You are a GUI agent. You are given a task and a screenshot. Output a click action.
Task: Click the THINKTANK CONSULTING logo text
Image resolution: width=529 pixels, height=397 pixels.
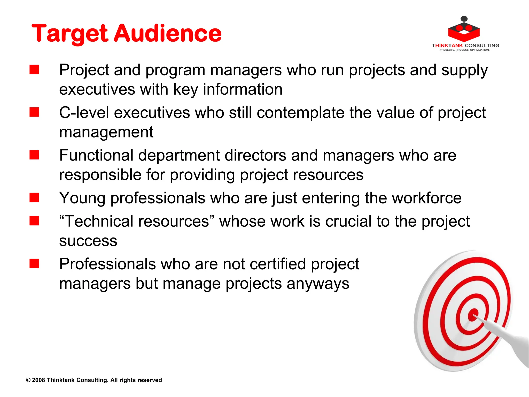[465, 45]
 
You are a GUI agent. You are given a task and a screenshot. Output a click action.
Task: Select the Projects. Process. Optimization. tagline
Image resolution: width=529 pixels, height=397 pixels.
[464, 50]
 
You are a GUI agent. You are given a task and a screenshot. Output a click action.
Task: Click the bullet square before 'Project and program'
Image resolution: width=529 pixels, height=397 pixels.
[34, 70]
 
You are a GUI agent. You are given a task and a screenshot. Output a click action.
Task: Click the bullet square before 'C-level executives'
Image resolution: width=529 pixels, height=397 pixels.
[34, 112]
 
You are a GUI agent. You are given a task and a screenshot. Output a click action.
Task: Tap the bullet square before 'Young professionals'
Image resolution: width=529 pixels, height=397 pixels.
[34, 198]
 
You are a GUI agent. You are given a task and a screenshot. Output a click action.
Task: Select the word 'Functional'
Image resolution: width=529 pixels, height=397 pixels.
[96, 155]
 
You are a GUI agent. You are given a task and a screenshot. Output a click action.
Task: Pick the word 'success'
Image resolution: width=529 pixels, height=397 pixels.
[88, 241]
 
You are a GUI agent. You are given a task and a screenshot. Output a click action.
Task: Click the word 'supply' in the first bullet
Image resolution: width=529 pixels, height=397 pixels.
[464, 70]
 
